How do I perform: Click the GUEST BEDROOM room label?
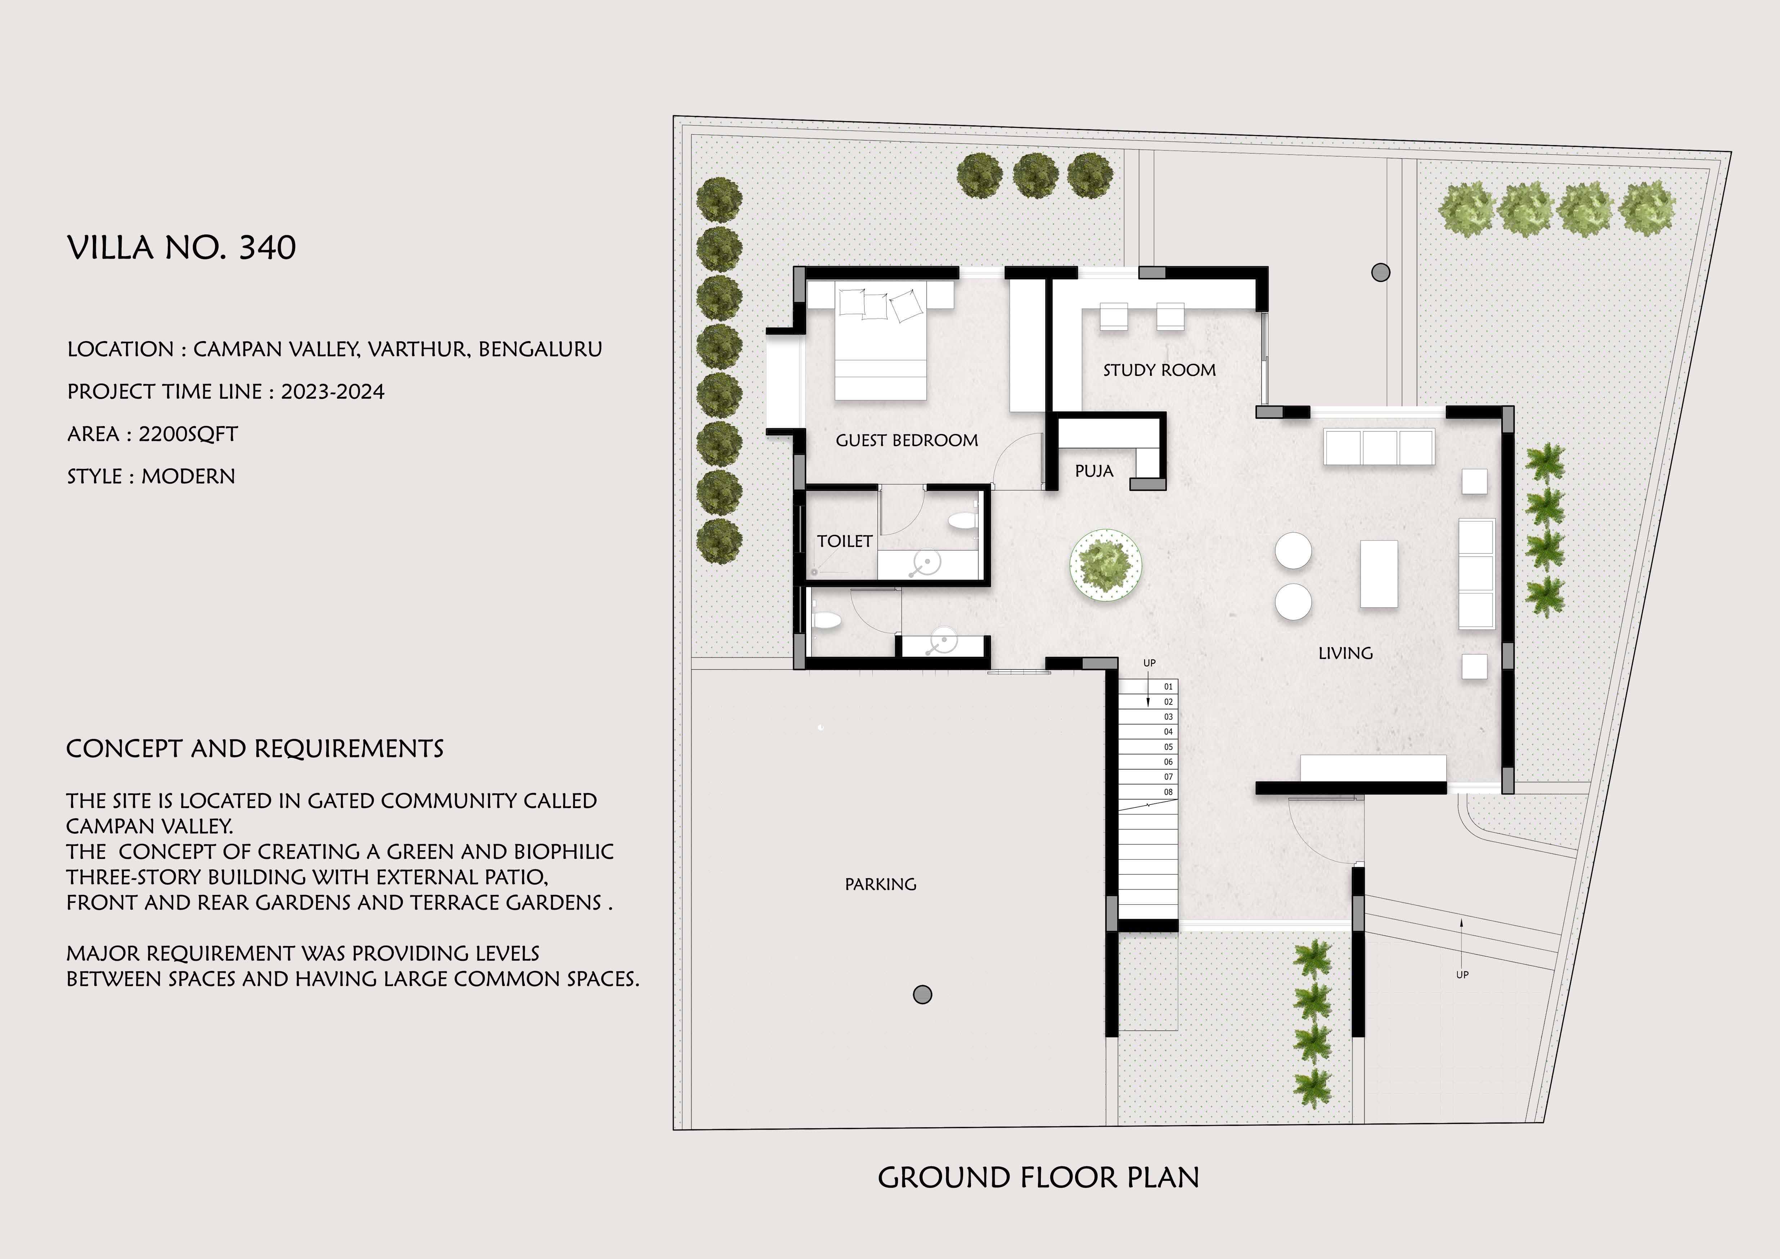click(x=906, y=440)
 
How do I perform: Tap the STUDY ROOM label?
click(x=1159, y=371)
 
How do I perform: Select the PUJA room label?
click(x=1094, y=471)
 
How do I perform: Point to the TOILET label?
click(x=844, y=541)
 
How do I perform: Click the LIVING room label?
click(x=1345, y=654)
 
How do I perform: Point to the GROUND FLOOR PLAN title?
click(x=1038, y=1178)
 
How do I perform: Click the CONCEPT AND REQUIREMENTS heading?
click(x=255, y=749)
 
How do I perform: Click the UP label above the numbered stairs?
click(x=1149, y=663)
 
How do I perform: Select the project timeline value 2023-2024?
click(x=333, y=391)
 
